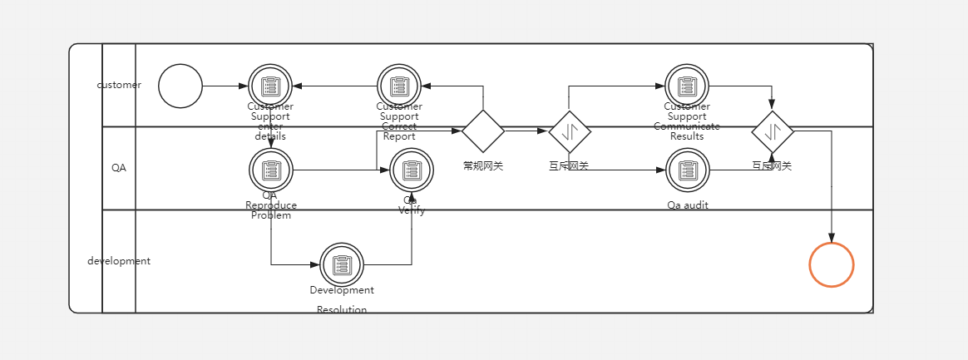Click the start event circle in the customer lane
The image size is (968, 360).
click(x=180, y=86)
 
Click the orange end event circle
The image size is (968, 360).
click(x=831, y=264)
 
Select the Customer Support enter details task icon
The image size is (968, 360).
click(x=270, y=86)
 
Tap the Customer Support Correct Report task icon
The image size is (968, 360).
click(x=399, y=86)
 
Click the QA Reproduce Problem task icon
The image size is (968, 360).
click(x=270, y=170)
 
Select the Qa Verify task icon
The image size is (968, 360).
click(x=412, y=170)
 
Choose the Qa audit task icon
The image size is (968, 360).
click(x=688, y=170)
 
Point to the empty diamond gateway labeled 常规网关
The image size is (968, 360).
click(x=483, y=131)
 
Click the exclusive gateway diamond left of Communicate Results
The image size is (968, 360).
click(x=570, y=131)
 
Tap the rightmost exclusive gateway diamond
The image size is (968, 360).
click(x=773, y=131)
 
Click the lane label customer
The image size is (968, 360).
click(x=119, y=85)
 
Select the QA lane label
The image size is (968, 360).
click(x=119, y=168)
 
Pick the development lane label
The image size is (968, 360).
click(x=119, y=261)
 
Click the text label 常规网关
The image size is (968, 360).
click(x=483, y=166)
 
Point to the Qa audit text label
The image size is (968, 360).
click(x=688, y=205)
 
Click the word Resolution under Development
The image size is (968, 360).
click(x=341, y=310)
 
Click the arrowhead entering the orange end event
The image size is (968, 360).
click(x=831, y=238)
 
